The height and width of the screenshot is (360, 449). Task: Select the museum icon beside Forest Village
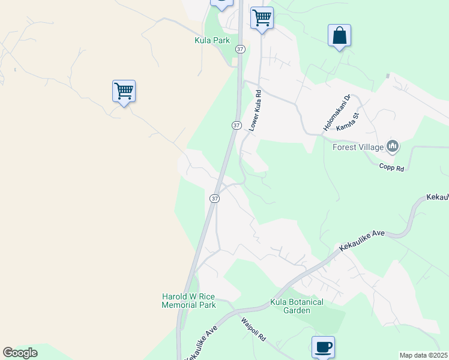click(x=393, y=146)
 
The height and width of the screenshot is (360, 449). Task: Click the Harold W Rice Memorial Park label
click(x=188, y=301)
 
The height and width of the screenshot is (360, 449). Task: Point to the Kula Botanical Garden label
click(x=297, y=306)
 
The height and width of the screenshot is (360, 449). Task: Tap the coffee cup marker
click(x=323, y=347)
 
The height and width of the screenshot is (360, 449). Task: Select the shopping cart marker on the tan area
click(x=124, y=91)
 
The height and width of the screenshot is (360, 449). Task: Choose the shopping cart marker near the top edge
click(x=262, y=18)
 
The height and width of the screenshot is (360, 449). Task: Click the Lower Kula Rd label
click(x=256, y=111)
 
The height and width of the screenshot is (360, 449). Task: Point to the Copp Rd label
click(x=392, y=167)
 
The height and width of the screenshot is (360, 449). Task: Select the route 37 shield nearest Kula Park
click(x=240, y=49)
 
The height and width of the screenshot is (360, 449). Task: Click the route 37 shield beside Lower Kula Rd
click(x=236, y=125)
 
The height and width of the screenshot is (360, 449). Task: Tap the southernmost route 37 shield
click(x=214, y=198)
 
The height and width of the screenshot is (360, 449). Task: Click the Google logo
click(x=20, y=353)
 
